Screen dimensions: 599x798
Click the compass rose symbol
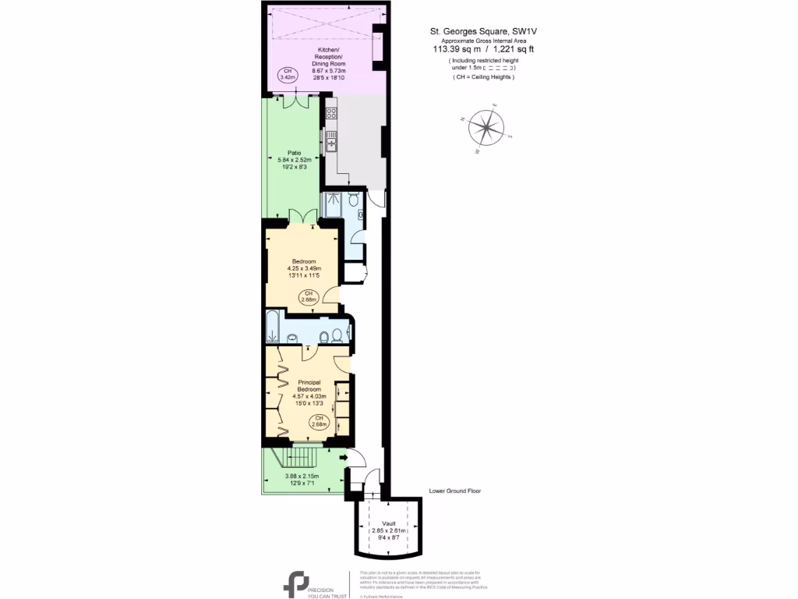tap(486, 127)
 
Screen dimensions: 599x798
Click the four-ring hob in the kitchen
tap(330, 114)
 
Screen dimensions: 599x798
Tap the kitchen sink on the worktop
tap(331, 141)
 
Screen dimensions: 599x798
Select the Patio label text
tap(294, 153)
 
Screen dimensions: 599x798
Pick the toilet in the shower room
tap(354, 201)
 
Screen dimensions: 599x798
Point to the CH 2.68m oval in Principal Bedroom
tap(319, 422)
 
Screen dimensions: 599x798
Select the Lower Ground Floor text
tap(455, 492)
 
